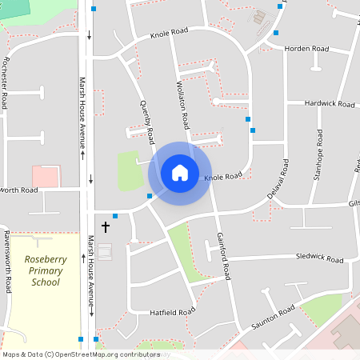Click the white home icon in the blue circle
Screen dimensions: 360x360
[180, 172]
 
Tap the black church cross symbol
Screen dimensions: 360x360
[106, 227]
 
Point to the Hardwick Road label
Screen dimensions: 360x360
[330, 104]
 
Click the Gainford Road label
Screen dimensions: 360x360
[223, 256]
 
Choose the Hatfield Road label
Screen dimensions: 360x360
[173, 311]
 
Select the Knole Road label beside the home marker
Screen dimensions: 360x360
[223, 176]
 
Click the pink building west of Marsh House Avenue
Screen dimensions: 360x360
[46, 176]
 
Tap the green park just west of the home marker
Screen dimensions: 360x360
[130, 170]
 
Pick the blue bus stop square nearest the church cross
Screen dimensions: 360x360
[115, 216]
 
